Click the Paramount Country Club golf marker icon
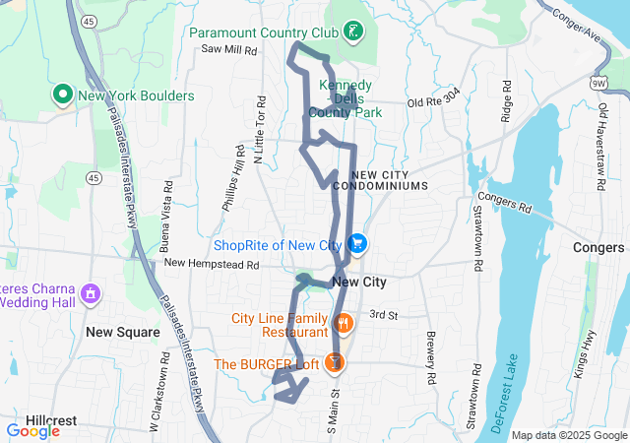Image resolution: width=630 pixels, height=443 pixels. point(354,32)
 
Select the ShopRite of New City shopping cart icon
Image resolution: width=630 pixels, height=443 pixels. point(356,244)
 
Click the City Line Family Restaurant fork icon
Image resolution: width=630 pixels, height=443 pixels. point(343,322)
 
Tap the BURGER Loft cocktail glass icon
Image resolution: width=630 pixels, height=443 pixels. point(335,363)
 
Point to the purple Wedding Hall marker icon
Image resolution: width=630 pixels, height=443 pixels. point(90,293)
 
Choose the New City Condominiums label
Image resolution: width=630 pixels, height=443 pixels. point(381,179)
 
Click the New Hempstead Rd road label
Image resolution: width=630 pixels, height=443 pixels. point(211,264)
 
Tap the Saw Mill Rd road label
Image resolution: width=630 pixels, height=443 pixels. point(228,48)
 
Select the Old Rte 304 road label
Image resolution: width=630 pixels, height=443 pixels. point(433,101)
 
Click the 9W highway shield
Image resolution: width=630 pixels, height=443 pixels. point(598,83)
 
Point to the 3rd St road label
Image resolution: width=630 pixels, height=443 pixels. point(382,315)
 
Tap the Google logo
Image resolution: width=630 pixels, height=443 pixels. point(32,430)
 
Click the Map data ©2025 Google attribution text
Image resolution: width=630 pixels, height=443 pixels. point(568,435)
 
